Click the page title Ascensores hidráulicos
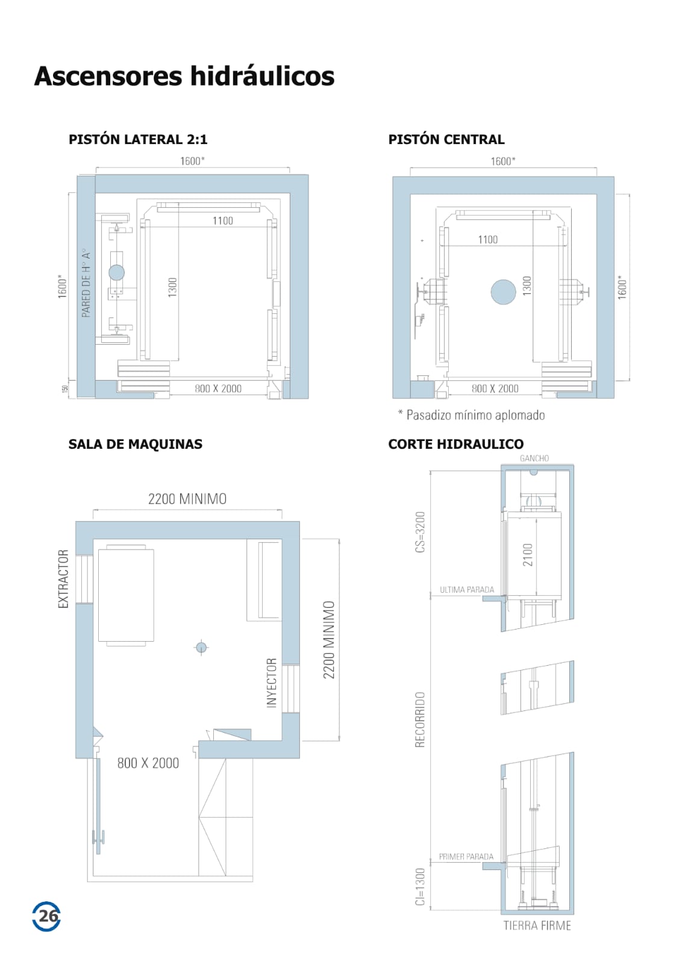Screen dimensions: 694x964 tap(184, 77)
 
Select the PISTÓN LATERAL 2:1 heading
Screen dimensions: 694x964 tap(138, 139)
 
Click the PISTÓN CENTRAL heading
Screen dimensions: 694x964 tap(446, 139)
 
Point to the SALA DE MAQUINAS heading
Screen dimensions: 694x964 tap(135, 444)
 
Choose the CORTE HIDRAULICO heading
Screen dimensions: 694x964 tap(455, 444)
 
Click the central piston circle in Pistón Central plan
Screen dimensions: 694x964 tap(503, 292)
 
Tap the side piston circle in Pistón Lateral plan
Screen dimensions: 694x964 tap(116, 272)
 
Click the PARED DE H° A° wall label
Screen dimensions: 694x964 tap(86, 283)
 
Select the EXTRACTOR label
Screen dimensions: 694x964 tap(63, 579)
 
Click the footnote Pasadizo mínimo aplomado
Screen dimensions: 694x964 tap(472, 415)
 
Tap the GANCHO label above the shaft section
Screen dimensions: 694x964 tap(534, 459)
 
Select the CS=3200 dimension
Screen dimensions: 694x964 tap(420, 532)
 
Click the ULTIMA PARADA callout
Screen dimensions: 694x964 tap(467, 590)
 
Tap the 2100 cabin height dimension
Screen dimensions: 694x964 tap(528, 555)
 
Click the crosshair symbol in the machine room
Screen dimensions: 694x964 tap(201, 647)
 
